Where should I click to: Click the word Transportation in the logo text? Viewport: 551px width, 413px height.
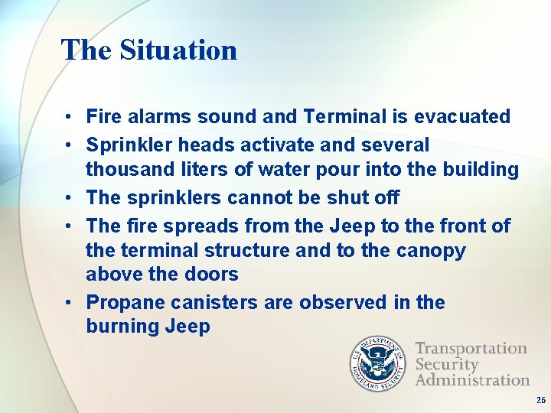471,349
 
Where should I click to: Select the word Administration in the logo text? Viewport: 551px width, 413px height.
472,379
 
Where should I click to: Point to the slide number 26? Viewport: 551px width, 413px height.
540,400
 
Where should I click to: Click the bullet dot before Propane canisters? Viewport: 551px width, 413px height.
68,303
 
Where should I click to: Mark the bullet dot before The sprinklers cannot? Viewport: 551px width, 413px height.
68,198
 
